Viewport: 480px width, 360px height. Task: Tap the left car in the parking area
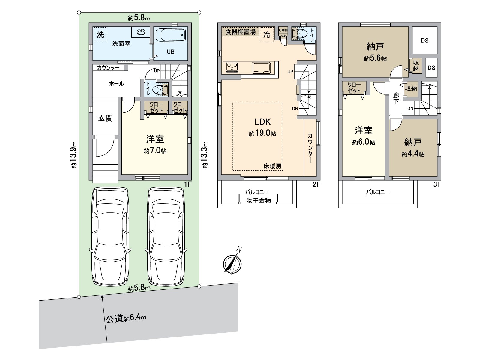coord(110,236)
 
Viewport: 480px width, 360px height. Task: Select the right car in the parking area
coord(166,236)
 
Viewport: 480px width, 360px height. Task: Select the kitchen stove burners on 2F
coord(232,67)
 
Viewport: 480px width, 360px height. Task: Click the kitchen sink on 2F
coord(261,68)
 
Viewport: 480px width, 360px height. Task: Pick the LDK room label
coord(262,122)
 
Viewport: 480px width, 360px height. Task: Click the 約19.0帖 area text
coord(262,133)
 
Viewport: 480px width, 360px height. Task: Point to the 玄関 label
coord(105,118)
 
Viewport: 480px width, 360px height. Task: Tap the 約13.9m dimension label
coord(74,155)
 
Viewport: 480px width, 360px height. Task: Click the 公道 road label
coord(115,319)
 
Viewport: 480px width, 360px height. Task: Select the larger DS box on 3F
coord(425,40)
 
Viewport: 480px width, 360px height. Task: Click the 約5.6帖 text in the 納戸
coord(375,58)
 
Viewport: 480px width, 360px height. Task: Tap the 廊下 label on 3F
coord(396,98)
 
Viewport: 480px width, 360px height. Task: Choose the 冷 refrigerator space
coord(267,34)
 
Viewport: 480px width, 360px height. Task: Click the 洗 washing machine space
coord(100,34)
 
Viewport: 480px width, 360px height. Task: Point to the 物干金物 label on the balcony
coord(259,200)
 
